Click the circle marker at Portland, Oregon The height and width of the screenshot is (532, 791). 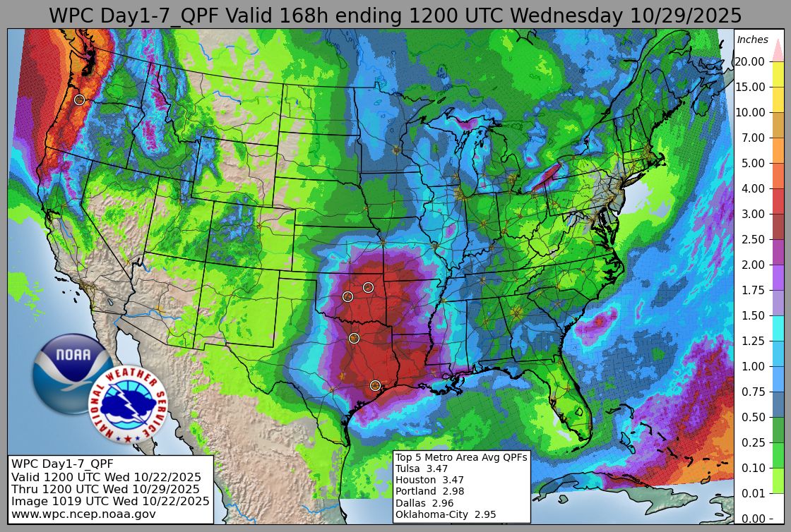79,99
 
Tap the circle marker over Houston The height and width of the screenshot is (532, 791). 375,385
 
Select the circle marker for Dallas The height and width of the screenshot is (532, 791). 354,338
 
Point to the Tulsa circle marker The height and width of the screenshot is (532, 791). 368,287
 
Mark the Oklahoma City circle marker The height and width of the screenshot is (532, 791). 347,296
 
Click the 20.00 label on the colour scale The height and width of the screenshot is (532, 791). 749,61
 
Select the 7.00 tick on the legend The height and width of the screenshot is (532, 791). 752,138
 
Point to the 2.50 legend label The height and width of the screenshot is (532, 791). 752,239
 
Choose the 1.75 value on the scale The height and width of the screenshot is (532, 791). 752,290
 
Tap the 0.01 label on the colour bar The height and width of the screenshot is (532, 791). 752,493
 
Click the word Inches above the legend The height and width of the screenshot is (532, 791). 752,40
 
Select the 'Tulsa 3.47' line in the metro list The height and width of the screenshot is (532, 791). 421,468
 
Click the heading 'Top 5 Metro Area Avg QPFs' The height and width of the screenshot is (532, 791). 460,457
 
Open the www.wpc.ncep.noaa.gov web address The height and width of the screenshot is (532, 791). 83,514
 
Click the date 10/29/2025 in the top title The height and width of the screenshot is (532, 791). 683,16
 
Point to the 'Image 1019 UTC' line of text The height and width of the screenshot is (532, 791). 110,501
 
